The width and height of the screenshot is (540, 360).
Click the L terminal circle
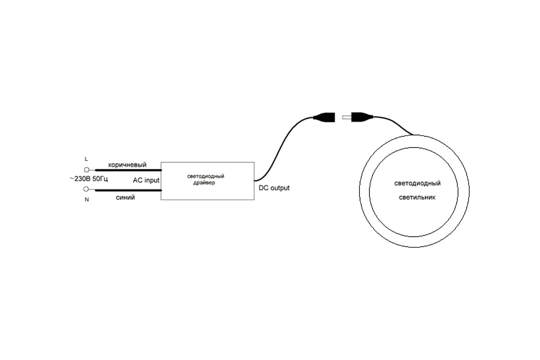(86, 170)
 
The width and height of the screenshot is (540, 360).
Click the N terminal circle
(86, 189)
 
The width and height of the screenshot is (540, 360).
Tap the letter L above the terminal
(86, 159)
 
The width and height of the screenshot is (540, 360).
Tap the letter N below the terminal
(87, 200)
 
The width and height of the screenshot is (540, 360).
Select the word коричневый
(127, 165)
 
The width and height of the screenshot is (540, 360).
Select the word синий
(126, 198)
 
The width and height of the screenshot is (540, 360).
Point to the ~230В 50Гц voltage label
(89, 179)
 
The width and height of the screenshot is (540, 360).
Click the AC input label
(146, 180)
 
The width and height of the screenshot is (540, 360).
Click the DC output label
(274, 188)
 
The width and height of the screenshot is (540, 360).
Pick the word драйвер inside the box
(204, 183)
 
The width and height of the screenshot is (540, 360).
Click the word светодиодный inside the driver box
(206, 176)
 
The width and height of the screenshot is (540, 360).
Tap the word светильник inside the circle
(417, 198)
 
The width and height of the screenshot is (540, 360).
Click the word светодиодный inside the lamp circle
(417, 183)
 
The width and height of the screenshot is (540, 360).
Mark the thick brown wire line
(128, 170)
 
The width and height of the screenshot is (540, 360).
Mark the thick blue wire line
(128, 190)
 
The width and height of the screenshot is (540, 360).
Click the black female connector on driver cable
(324, 117)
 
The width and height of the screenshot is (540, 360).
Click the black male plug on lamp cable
(362, 117)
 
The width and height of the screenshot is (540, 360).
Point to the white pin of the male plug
(347, 117)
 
